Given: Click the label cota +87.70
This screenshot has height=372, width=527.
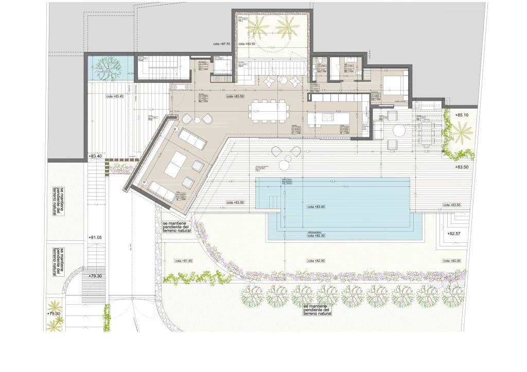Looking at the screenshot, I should coord(222,44).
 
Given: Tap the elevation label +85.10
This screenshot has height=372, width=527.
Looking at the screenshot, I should coord(462,115).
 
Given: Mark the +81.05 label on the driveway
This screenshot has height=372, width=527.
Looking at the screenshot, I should coord(96,238).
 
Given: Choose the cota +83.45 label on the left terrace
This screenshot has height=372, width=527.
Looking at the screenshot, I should coord(115,96).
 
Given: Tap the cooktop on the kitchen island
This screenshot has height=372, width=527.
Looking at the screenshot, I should coord(329,118).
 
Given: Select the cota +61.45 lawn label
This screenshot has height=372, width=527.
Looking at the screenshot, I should coord(183,261).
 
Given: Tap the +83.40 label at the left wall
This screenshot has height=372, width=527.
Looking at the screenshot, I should coord(96,156).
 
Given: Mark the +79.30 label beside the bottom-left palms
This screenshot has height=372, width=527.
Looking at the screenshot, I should coord(54,313).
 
